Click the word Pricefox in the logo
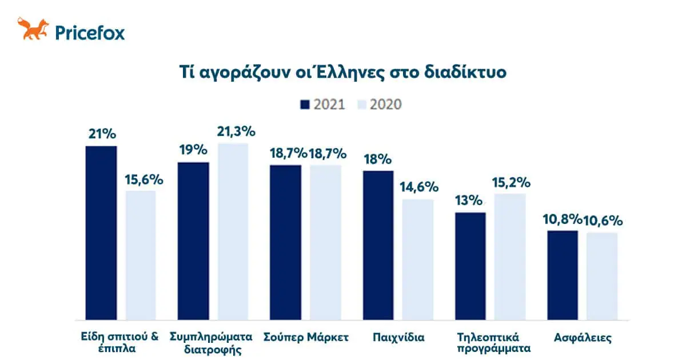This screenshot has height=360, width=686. pyautogui.click(x=89, y=32)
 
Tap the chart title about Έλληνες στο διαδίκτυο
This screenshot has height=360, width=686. pyautogui.click(x=342, y=74)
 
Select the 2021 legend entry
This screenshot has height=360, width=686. pyautogui.click(x=322, y=104)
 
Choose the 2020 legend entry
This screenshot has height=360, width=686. pyautogui.click(x=379, y=104)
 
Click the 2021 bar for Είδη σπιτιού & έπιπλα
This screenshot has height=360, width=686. pyautogui.click(x=101, y=233)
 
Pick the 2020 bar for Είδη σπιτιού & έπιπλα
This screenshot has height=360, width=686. pyautogui.click(x=141, y=255)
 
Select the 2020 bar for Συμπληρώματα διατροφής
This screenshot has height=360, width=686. pyautogui.click(x=233, y=231)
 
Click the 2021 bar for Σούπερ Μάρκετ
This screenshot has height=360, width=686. pyautogui.click(x=285, y=242)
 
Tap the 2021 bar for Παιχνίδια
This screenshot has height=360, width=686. pyautogui.click(x=378, y=245)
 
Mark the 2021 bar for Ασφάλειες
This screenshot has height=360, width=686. pyautogui.click(x=563, y=275)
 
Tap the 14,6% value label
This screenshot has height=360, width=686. pyautogui.click(x=419, y=187)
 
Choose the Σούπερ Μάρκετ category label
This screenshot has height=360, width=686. pyautogui.click(x=306, y=337)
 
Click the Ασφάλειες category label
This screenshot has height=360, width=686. pyautogui.click(x=583, y=337)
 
